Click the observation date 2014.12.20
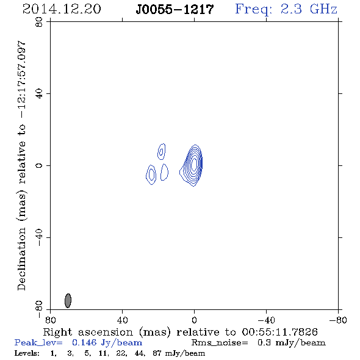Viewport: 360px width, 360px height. pos(62,9)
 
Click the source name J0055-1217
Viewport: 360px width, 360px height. pos(175,9)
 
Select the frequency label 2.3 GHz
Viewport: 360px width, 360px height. pos(309,9)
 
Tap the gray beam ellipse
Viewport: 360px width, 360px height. pos(68,300)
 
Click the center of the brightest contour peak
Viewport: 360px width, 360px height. pos(194,164)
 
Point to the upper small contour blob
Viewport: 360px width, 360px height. pos(162,151)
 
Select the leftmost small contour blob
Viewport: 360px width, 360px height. pos(151,175)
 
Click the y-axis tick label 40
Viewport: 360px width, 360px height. pos(39,94)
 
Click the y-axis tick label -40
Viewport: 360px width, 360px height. pos(39,237)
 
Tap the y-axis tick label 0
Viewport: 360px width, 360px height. pos(39,165)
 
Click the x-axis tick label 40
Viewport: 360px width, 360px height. pos(122,320)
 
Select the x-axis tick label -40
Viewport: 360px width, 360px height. pos(266,320)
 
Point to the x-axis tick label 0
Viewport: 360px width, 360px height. pos(194,320)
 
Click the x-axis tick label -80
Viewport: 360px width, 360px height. pos(338,320)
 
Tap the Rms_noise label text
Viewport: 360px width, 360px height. pos(220,343)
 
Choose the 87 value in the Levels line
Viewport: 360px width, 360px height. pos(157,353)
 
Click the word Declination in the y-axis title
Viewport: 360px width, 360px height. pos(21,259)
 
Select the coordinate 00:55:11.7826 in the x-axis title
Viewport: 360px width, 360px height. pos(280,332)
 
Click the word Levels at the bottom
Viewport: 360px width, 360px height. pos(27,353)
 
